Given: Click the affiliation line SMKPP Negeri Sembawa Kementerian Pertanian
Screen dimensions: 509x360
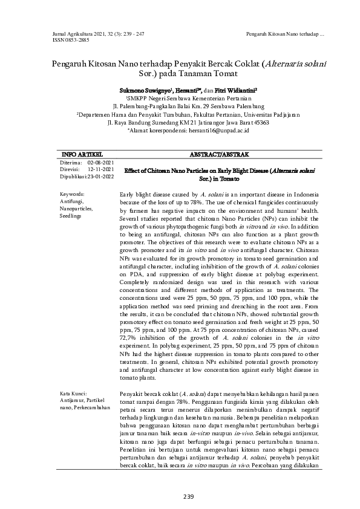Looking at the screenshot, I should pos(180,97).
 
